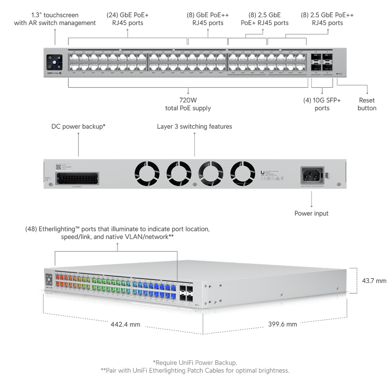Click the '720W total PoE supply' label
pyautogui.click(x=188, y=104)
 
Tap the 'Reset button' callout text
pyautogui.click(x=367, y=104)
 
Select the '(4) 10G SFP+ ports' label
pyautogui.click(x=322, y=104)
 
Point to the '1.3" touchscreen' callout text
pyautogui.click(x=55, y=19)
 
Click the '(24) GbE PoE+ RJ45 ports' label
pyautogui.click(x=128, y=19)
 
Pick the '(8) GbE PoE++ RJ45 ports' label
pyautogui.click(x=208, y=19)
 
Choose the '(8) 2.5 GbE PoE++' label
pyautogui.click(x=327, y=19)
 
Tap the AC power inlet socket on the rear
pyautogui.click(x=312, y=175)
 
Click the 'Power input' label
pyautogui.click(x=311, y=213)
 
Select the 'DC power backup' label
pyautogui.click(x=78, y=126)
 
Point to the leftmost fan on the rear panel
pyautogui.click(x=147, y=173)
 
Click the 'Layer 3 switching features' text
pyautogui.click(x=194, y=126)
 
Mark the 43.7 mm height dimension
pyautogui.click(x=374, y=281)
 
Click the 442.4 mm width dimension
pyautogui.click(x=125, y=324)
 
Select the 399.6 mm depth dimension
pyautogui.click(x=283, y=324)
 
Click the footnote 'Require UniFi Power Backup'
pyautogui.click(x=195, y=362)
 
